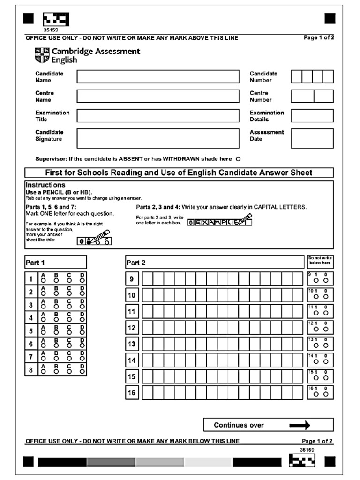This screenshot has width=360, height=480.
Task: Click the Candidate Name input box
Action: [x=157, y=77]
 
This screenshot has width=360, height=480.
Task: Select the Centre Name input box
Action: [x=157, y=97]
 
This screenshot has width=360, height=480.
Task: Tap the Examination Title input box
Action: [x=157, y=116]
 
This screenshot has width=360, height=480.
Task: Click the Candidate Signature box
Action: [x=157, y=138]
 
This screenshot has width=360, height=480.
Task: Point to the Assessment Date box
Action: [x=312, y=138]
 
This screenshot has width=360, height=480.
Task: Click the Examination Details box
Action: [x=312, y=116]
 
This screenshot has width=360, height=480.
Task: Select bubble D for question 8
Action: [x=82, y=372]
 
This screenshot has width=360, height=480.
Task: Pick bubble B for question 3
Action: [x=56, y=307]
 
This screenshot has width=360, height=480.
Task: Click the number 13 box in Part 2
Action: [x=132, y=344]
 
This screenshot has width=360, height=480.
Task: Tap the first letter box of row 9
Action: [x=147, y=279]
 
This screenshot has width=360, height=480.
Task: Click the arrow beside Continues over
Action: [x=300, y=425]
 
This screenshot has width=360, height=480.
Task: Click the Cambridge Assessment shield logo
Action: [x=41, y=56]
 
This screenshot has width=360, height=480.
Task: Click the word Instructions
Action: [x=45, y=185]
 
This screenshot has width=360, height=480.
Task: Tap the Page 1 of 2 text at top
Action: [x=319, y=38]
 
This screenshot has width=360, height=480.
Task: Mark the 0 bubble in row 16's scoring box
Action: [x=325, y=395]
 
